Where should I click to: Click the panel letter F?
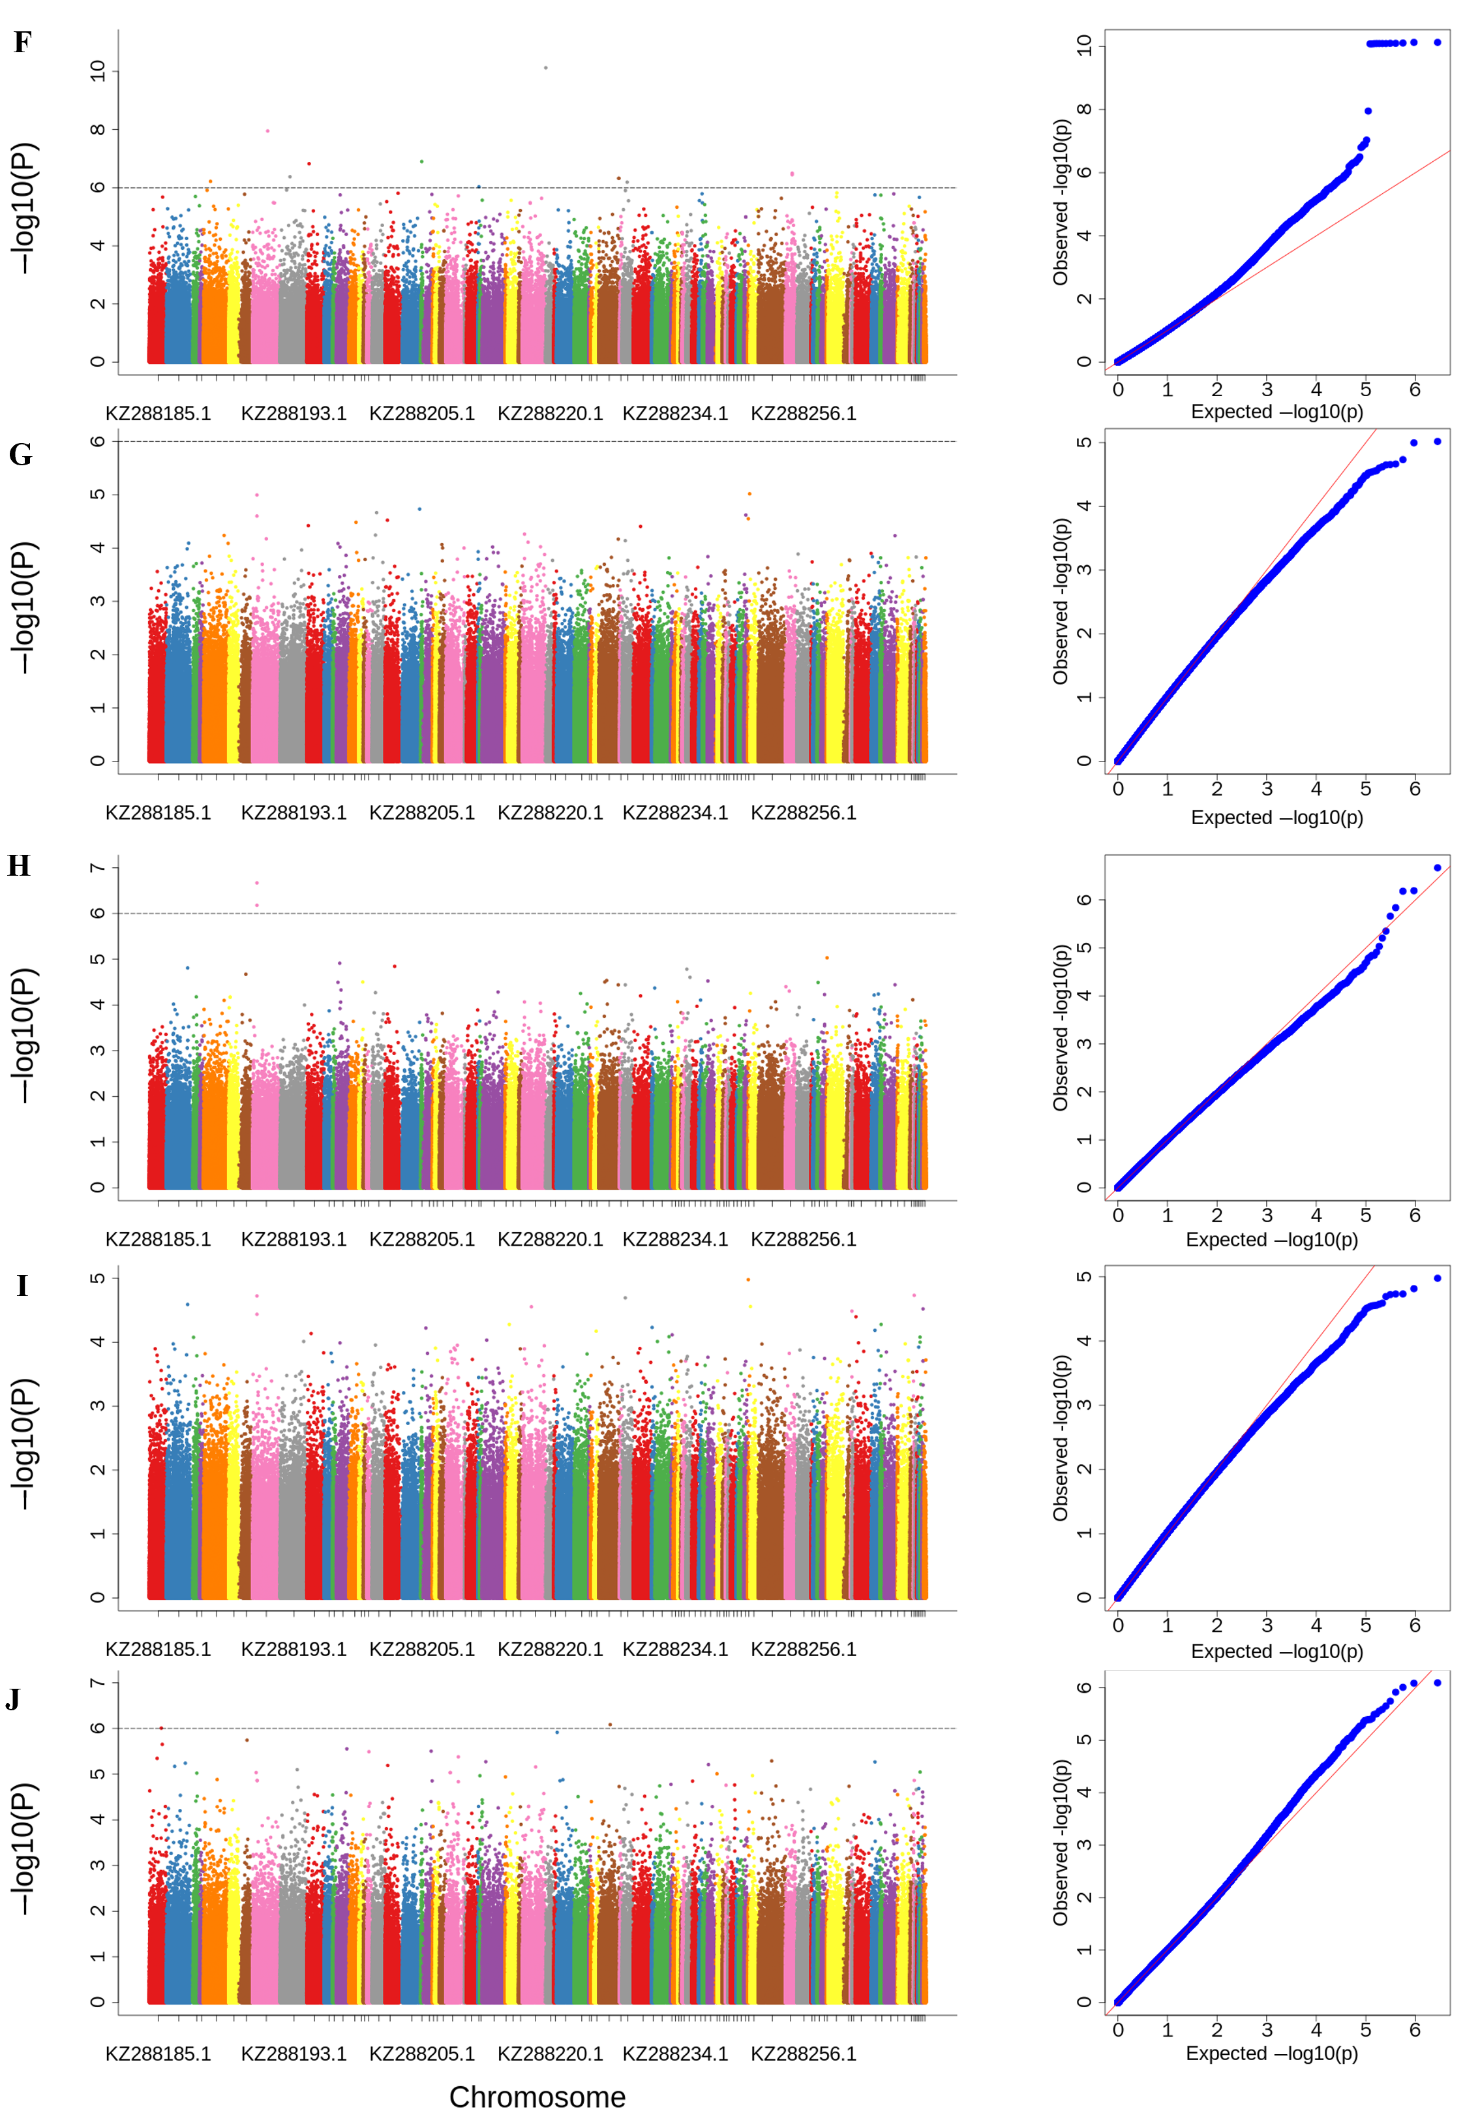[x=22, y=42]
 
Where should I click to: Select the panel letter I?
[x=22, y=1286]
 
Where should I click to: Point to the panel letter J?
[x=13, y=1699]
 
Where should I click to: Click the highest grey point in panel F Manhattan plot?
[x=546, y=67]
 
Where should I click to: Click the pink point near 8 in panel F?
[x=268, y=131]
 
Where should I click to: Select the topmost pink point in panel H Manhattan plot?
[x=257, y=882]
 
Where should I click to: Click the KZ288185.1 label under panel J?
[x=158, y=2054]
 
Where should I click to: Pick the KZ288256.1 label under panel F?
[x=803, y=414]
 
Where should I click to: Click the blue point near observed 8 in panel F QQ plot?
[x=1367, y=111]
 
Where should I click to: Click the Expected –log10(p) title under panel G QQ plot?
[x=1276, y=818]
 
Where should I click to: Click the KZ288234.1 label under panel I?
[x=675, y=1650]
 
